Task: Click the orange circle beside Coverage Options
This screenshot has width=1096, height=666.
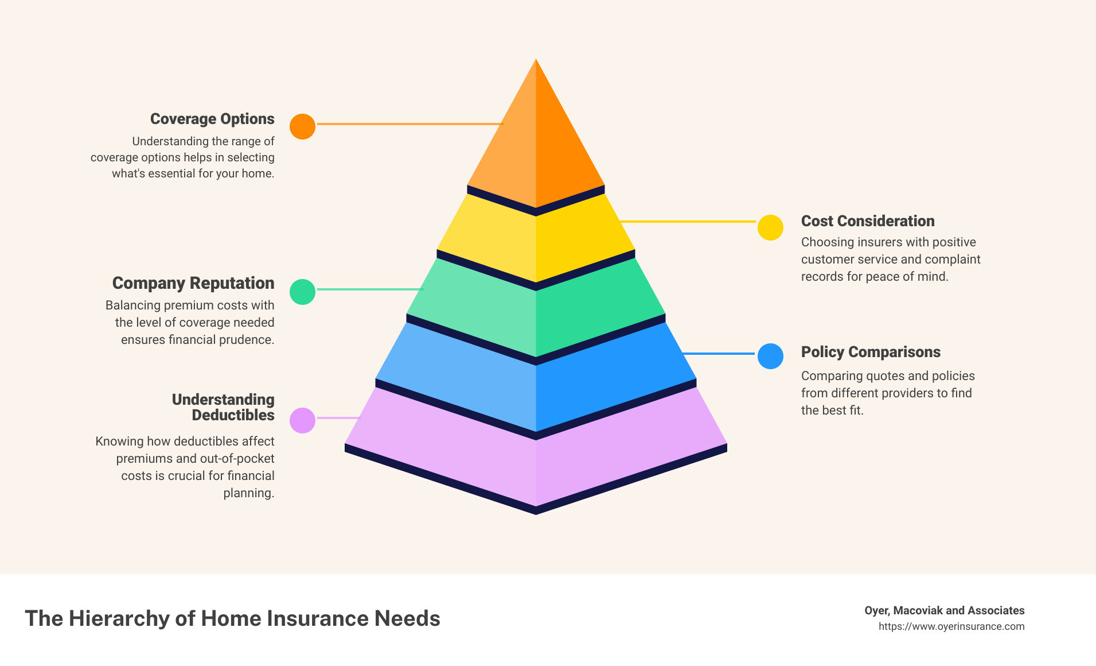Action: [x=302, y=126]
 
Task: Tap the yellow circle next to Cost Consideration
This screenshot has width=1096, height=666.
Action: [x=770, y=227]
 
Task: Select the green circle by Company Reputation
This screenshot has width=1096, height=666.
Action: [x=302, y=292]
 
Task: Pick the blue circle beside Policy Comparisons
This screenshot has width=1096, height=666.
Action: [x=770, y=356]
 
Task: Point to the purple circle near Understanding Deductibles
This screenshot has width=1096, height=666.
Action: [x=302, y=420]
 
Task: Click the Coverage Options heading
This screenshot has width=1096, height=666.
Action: [x=212, y=119]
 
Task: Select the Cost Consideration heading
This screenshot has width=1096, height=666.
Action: [x=868, y=221]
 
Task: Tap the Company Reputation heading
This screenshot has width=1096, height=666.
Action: [x=193, y=283]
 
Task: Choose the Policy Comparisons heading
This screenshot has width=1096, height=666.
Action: [x=871, y=352]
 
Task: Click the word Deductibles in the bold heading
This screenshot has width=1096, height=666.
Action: [x=233, y=415]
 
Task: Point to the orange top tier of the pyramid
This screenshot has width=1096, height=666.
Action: [x=536, y=138]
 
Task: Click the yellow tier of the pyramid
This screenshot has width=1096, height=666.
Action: [x=536, y=238]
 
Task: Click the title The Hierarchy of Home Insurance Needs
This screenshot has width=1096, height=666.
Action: [x=232, y=618]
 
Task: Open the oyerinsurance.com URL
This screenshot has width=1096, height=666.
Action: [x=951, y=626]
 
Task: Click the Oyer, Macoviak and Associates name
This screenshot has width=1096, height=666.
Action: [x=945, y=610]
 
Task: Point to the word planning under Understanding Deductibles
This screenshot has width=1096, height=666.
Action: [x=249, y=493]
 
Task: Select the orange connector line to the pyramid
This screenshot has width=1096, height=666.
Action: [x=410, y=124]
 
